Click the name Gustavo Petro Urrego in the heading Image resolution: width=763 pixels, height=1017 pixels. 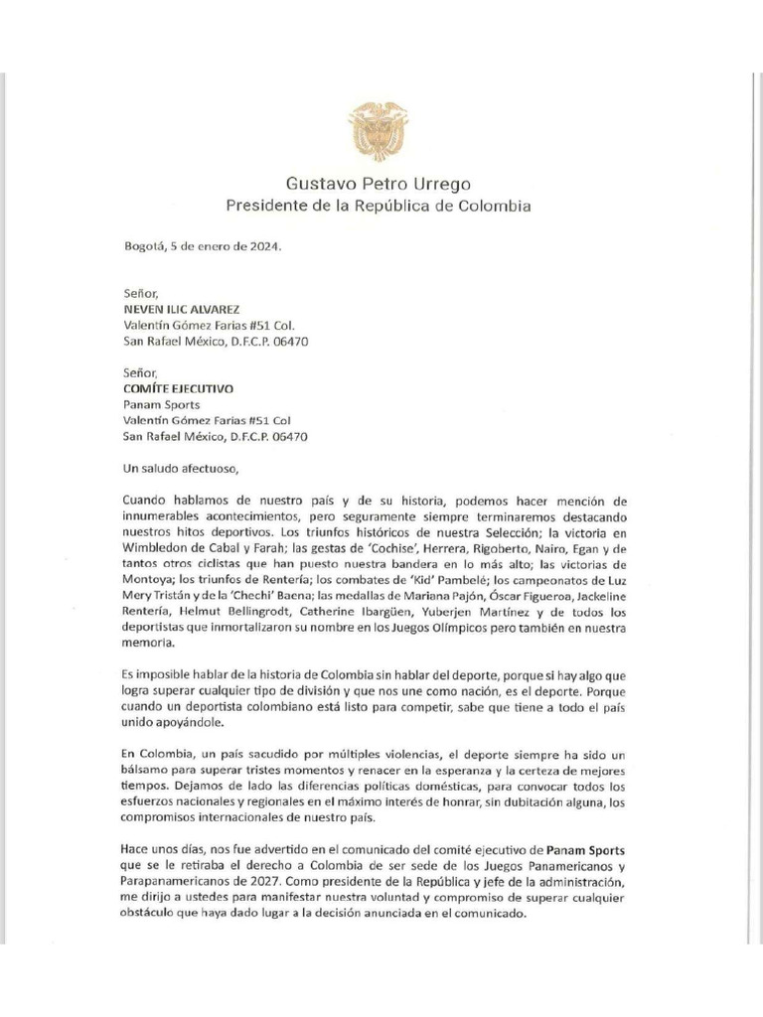[378, 184]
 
